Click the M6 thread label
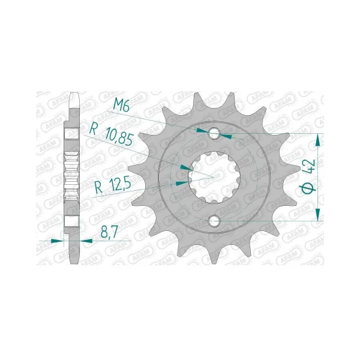coord(121,106)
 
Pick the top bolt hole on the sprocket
coord(214,133)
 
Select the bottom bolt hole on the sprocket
coord(214,221)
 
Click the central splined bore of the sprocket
coord(214,178)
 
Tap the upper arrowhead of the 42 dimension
coord(318,140)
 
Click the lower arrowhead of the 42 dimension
coord(318,215)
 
